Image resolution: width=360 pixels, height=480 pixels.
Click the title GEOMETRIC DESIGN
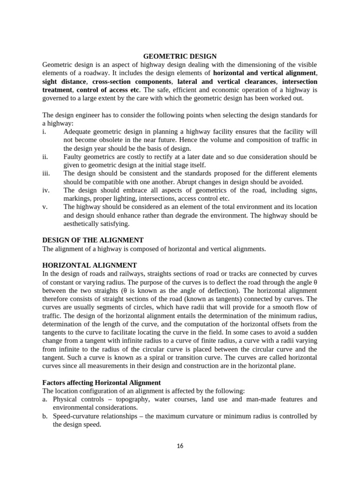click(x=180, y=56)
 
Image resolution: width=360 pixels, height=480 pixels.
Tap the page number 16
click(x=180, y=446)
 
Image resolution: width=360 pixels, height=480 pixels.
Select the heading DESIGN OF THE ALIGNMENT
click(x=93, y=240)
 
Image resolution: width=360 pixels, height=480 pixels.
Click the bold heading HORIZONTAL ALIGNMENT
click(x=90, y=265)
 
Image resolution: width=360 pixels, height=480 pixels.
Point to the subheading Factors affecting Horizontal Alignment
click(x=102, y=383)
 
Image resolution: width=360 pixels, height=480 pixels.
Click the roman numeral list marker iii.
click(x=46, y=173)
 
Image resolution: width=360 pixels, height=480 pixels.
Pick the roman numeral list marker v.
click(x=45, y=207)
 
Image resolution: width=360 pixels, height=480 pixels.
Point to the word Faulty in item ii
click(x=74, y=157)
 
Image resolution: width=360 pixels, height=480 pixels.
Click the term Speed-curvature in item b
click(x=75, y=416)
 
